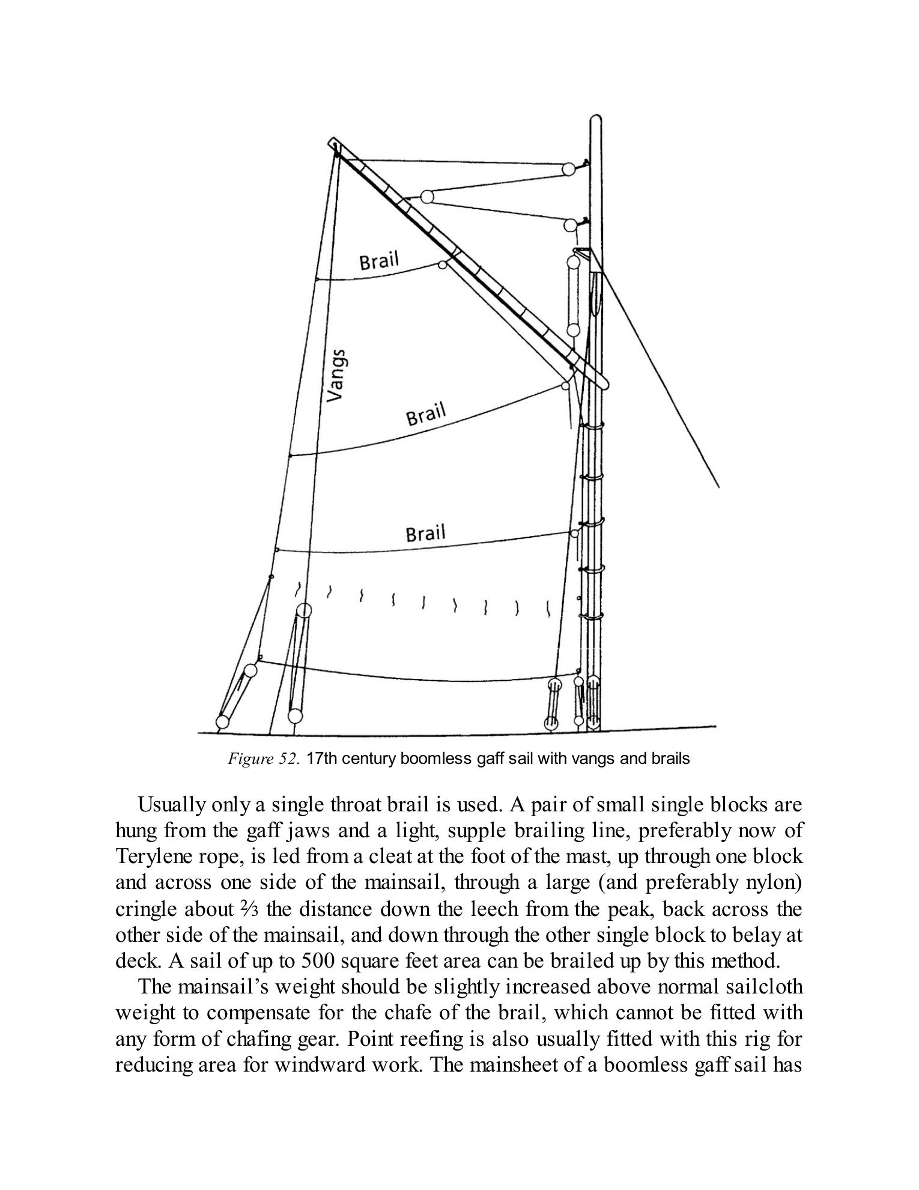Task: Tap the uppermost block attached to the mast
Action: pyautogui.click(x=568, y=168)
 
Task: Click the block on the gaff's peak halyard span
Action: pyautogui.click(x=427, y=197)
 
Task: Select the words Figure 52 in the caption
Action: pyautogui.click(x=263, y=758)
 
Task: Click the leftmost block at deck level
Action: pyautogui.click(x=222, y=721)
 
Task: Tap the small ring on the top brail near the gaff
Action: pyautogui.click(x=443, y=265)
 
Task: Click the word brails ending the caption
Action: pyautogui.click(x=670, y=758)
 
